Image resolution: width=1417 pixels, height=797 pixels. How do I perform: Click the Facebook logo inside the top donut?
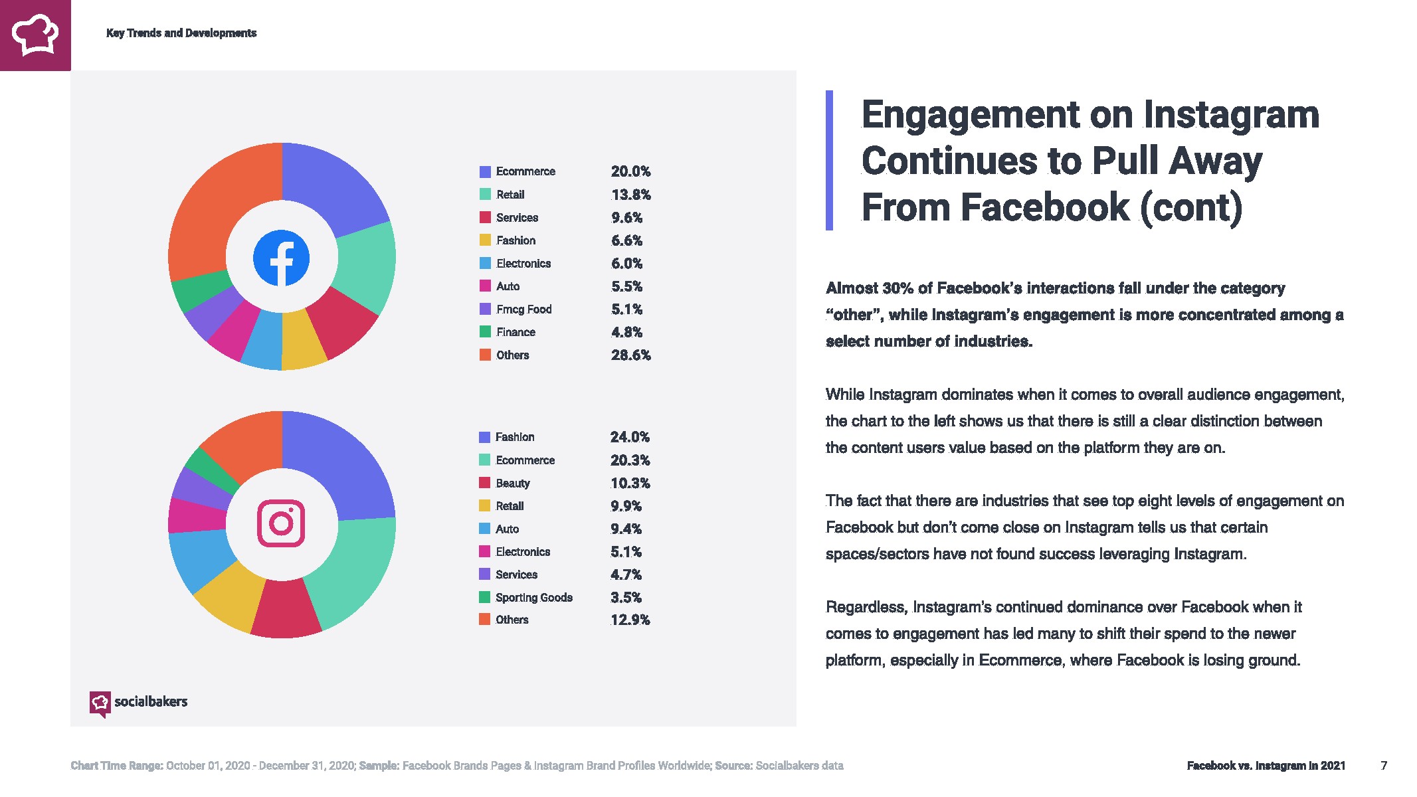coord(281,258)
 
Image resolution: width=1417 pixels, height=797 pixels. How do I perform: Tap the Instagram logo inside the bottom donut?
coord(281,523)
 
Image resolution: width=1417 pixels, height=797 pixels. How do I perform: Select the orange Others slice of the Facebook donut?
coord(213,206)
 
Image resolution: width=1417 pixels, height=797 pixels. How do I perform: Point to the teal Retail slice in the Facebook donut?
coord(365,266)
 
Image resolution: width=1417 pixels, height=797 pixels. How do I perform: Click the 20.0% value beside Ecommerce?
coord(630,171)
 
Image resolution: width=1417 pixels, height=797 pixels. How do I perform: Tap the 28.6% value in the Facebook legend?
coord(630,355)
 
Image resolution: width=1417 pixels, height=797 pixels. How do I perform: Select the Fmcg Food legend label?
coord(523,310)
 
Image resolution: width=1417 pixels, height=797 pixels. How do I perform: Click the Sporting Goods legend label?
coord(533,598)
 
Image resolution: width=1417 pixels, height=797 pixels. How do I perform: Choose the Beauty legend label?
coord(512,484)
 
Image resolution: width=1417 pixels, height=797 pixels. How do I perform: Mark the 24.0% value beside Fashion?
coord(630,437)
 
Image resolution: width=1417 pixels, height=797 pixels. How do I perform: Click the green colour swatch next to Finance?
coord(486,332)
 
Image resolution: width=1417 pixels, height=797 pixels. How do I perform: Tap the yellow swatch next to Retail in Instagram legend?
coord(485,506)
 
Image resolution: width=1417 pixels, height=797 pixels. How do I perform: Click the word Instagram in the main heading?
coord(1231,115)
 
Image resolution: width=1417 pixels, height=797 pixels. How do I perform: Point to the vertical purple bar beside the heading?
coord(829,161)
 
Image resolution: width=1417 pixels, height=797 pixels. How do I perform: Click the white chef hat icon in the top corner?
coord(35,35)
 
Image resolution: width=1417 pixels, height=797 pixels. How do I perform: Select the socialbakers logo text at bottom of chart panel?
coord(151,701)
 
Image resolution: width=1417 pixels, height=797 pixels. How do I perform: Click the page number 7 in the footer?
coord(1384,766)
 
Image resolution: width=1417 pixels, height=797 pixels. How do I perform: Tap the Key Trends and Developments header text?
coord(181,33)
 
